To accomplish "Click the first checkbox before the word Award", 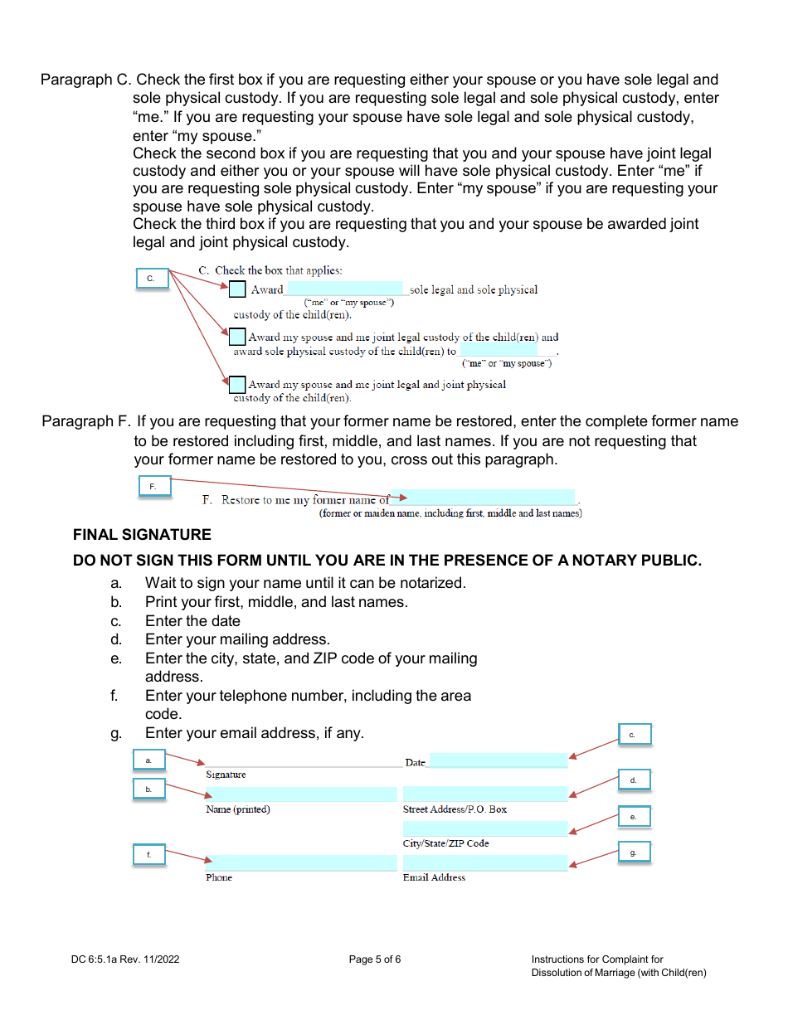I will coord(237,289).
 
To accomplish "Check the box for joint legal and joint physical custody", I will coord(237,385).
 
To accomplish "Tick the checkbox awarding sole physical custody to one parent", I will coord(237,337).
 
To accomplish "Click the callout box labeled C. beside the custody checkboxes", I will coord(152,279).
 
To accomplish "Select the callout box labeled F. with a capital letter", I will coord(154,487).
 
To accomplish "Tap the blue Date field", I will coord(498,760).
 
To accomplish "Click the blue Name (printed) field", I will coord(302,794).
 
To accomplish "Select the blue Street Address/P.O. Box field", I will coord(485,794).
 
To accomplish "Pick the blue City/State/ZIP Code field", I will coord(485,828).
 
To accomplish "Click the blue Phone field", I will coord(302,862).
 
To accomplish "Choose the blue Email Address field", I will coord(485,862).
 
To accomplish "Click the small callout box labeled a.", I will coord(149,760).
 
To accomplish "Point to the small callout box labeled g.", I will coord(635,852).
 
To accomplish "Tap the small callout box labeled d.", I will coord(635,780).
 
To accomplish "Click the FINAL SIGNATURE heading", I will coord(142,535).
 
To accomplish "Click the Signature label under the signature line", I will coord(226,775).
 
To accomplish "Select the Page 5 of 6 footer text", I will coord(375,959).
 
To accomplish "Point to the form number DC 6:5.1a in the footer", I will coord(124,959).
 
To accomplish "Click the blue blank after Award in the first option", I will coord(345,289).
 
